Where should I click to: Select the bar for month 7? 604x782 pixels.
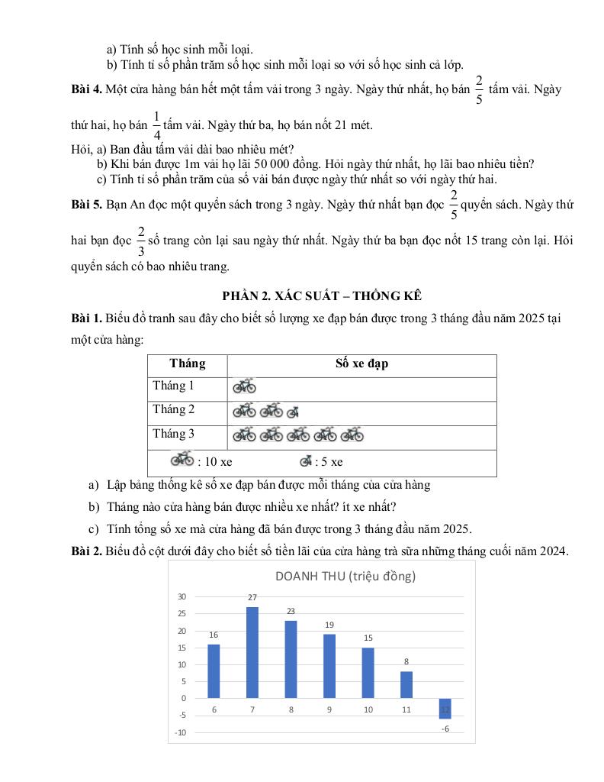pos(252,652)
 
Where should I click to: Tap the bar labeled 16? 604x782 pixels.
pos(214,671)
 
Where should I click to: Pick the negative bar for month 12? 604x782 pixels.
pos(445,708)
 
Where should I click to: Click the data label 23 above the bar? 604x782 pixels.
pos(291,611)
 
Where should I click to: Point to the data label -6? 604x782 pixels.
pos(445,729)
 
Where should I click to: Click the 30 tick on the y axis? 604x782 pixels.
pos(182,597)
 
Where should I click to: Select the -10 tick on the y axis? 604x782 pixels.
pos(180,732)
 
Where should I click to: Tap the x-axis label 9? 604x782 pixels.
pos(329,710)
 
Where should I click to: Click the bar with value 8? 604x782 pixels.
pos(406,684)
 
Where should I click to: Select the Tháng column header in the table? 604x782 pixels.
pos(187,364)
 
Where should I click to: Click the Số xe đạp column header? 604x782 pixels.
pos(361,364)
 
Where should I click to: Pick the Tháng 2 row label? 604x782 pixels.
pos(173,409)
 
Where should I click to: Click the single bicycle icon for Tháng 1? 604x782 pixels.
pos(244,387)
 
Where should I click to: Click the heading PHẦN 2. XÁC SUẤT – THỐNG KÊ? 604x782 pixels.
pos(322,296)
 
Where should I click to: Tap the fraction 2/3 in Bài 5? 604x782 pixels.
pos(140,240)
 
